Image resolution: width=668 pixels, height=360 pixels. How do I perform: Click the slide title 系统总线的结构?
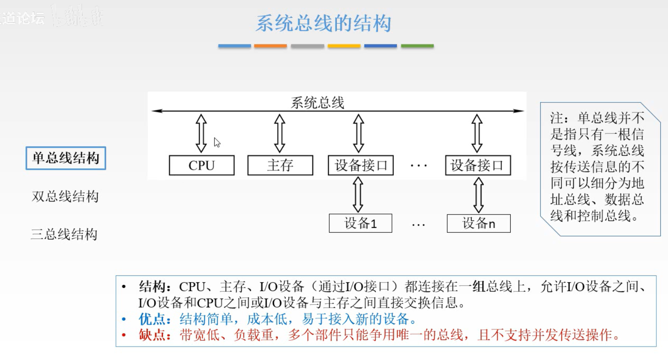[323, 23]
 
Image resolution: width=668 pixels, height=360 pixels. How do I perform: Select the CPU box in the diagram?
[202, 165]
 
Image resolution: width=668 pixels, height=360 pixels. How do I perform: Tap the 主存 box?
[280, 165]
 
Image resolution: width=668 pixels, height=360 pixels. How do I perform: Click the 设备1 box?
[360, 223]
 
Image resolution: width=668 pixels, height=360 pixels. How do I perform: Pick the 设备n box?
[478, 223]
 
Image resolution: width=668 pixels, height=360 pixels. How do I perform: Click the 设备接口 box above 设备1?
[361, 165]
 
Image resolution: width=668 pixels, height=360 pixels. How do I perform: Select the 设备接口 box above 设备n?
[478, 165]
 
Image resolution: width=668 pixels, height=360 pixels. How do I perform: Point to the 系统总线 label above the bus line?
[317, 103]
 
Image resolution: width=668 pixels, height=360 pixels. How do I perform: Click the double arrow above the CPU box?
[202, 133]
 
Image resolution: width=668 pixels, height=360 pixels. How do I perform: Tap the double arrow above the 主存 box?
[280, 133]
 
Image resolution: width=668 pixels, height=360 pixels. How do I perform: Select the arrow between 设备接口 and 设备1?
[358, 194]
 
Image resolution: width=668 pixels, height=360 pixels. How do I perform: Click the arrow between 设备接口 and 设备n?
[478, 194]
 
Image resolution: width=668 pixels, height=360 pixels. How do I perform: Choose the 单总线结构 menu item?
[65, 158]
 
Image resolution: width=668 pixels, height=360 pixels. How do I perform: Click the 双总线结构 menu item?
[65, 196]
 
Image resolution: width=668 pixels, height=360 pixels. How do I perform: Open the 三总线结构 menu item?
[64, 234]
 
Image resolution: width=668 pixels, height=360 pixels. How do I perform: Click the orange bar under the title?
[270, 46]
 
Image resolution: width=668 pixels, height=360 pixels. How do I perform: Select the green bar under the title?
[417, 46]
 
